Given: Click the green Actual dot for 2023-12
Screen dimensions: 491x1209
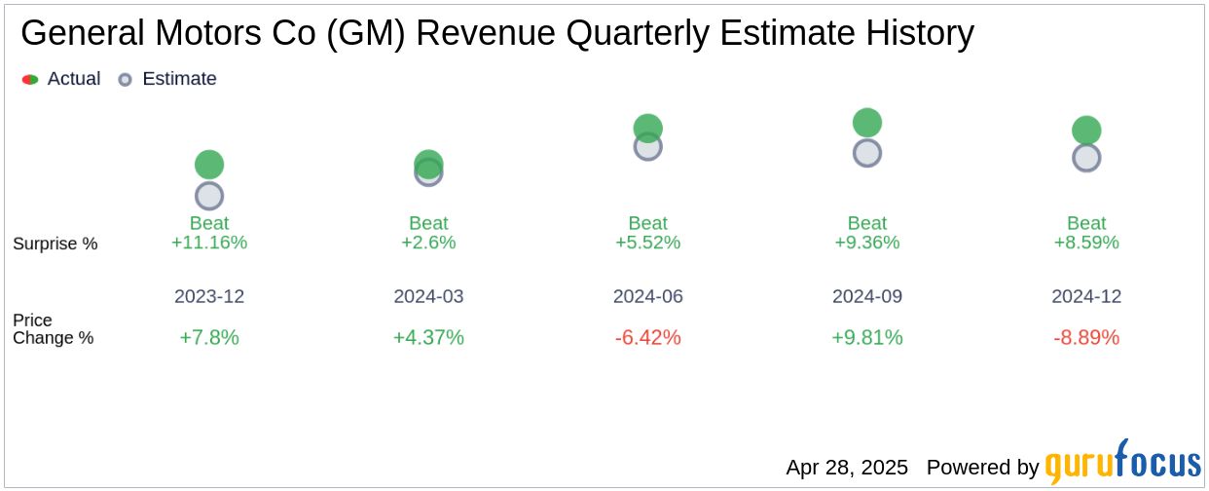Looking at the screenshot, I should pos(209,165).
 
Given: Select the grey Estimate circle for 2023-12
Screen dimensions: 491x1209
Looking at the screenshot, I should pos(209,196).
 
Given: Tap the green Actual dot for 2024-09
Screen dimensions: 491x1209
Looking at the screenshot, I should pos(867,123).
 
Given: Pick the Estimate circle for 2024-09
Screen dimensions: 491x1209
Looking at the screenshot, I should pos(867,153).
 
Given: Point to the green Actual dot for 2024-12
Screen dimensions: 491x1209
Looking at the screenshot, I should pos(1086,131).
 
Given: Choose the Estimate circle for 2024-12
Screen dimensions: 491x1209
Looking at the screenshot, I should pos(1086,158).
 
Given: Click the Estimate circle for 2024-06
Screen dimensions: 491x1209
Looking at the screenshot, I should pos(648,148).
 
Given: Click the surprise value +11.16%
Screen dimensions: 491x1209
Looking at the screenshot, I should pos(209,243).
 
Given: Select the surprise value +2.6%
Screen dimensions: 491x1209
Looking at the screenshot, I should pos(428,243).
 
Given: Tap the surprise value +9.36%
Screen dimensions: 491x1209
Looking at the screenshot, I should pos(867,243).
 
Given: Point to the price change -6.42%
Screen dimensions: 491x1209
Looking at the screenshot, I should pos(648,337).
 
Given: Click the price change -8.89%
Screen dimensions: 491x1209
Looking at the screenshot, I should pos(1086,337).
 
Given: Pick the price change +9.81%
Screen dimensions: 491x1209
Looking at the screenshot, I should pos(867,337).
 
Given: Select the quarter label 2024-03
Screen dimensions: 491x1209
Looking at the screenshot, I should pos(428,296).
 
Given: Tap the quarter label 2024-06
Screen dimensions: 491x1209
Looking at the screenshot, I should pos(648,296).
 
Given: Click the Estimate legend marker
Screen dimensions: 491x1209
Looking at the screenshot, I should pos(125,79).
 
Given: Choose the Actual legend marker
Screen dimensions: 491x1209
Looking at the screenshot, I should pos(30,79).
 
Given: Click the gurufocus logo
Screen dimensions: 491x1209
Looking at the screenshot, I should pos(1122,464).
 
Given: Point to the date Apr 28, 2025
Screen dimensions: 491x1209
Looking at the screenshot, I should pos(847,468).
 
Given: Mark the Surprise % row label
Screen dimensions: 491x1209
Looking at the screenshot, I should pos(55,244).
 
